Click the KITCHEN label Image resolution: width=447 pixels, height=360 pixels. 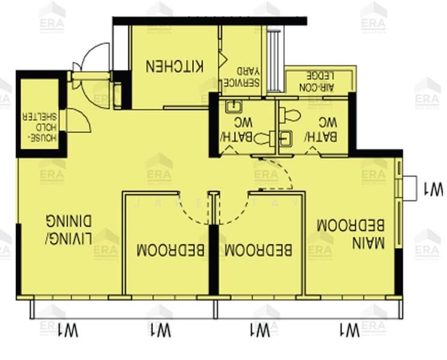click(x=175, y=66)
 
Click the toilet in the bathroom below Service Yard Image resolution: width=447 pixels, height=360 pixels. click(x=262, y=139)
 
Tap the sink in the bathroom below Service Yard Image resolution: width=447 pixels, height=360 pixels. click(x=232, y=108)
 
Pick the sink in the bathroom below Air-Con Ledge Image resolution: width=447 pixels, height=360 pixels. click(x=286, y=138)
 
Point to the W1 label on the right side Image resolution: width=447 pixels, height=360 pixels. click(x=433, y=189)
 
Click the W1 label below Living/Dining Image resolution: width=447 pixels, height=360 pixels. click(x=69, y=329)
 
